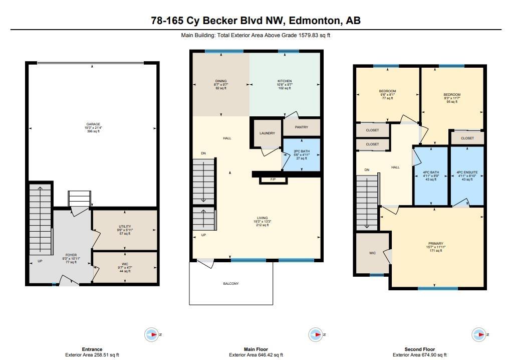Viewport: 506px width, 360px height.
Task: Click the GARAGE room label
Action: pyautogui.click(x=93, y=124)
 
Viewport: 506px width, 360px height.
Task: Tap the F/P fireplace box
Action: pyautogui.click(x=273, y=179)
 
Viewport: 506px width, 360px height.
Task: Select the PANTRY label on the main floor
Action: pyautogui.click(x=302, y=127)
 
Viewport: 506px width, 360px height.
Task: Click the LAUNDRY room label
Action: pyautogui.click(x=267, y=133)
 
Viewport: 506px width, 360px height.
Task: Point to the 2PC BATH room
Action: pyautogui.click(x=302, y=154)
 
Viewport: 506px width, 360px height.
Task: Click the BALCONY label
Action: pyautogui.click(x=231, y=283)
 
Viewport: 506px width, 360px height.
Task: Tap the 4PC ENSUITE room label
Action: pyautogui.click(x=467, y=172)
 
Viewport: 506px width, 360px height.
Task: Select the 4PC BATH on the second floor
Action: pyautogui.click(x=431, y=175)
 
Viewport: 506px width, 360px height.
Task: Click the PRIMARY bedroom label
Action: pyautogui.click(x=436, y=244)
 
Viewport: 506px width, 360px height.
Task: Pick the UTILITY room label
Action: pyautogui.click(x=125, y=226)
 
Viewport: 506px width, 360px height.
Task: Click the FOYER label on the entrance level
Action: pyautogui.click(x=71, y=255)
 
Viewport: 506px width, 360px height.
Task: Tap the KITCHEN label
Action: pyautogui.click(x=285, y=81)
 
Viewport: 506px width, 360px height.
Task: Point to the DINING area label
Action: pyautogui.click(x=221, y=81)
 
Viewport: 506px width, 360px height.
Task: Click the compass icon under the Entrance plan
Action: pyautogui.click(x=152, y=334)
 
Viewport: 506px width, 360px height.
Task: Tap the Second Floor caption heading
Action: pyautogui.click(x=419, y=349)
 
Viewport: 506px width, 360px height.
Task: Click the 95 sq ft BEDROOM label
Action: pyautogui.click(x=452, y=95)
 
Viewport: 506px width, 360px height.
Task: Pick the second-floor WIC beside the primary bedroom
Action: pyautogui.click(x=372, y=253)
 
